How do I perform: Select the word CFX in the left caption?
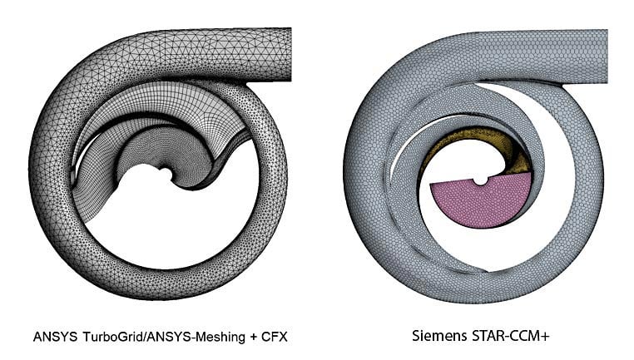point(255,338)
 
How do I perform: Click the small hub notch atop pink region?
point(481,180)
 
